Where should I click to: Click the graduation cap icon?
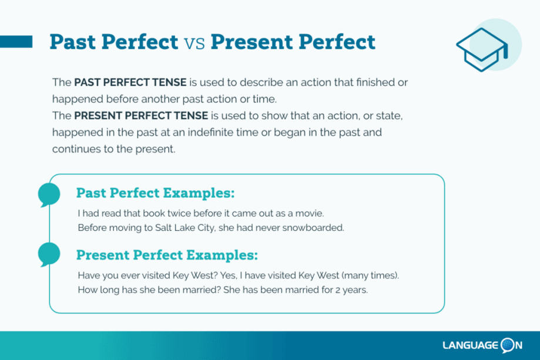click(x=482, y=49)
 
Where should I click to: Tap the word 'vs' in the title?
click(x=194, y=43)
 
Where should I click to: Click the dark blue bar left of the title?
click(x=16, y=42)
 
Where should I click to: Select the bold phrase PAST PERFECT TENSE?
click(x=130, y=82)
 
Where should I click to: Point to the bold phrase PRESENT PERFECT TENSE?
click(x=141, y=116)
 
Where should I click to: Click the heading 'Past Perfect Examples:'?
click(x=155, y=193)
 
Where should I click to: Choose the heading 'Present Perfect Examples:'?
click(x=167, y=255)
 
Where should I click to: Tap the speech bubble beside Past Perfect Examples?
click(x=49, y=195)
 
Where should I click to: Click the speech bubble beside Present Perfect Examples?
click(x=49, y=254)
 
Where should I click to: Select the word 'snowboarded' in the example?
click(x=313, y=228)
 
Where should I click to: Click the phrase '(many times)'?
click(x=370, y=275)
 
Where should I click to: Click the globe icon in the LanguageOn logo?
click(x=507, y=345)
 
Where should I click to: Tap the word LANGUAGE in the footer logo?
click(x=471, y=345)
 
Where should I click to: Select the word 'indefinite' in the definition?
click(x=213, y=133)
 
